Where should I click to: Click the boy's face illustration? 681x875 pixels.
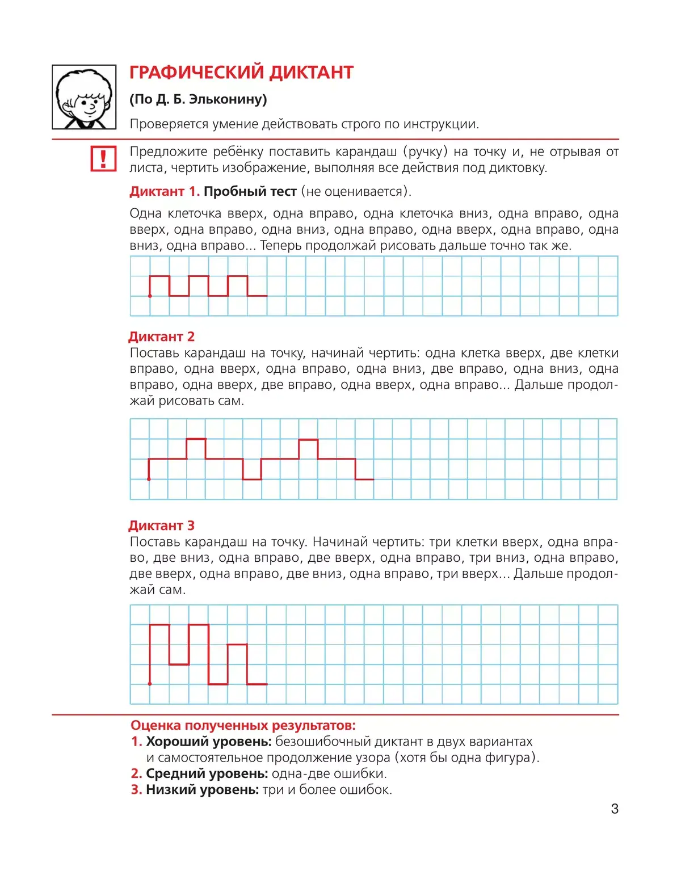pyautogui.click(x=84, y=98)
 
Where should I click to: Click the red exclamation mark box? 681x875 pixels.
pyautogui.click(x=103, y=158)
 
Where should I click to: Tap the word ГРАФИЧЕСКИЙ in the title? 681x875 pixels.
pyautogui.click(x=196, y=73)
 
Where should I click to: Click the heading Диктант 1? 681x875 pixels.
pyautogui.click(x=164, y=191)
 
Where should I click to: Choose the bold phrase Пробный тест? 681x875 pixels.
pyautogui.click(x=250, y=191)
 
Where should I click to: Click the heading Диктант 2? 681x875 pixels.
pyautogui.click(x=162, y=336)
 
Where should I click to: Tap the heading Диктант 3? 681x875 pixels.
pyautogui.click(x=162, y=525)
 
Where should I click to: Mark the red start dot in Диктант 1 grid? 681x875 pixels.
pyautogui.click(x=150, y=296)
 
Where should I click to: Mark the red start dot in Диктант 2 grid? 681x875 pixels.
pyautogui.click(x=149, y=479)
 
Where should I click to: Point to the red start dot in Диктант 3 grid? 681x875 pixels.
pyautogui.click(x=150, y=684)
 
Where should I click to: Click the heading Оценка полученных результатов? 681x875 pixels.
pyautogui.click(x=243, y=725)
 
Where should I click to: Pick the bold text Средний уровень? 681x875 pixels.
pyautogui.click(x=207, y=773)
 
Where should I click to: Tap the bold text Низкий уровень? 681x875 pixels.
pyautogui.click(x=202, y=789)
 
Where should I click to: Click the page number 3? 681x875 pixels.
pyautogui.click(x=615, y=809)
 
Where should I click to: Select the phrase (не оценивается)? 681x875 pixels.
pyautogui.click(x=356, y=191)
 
